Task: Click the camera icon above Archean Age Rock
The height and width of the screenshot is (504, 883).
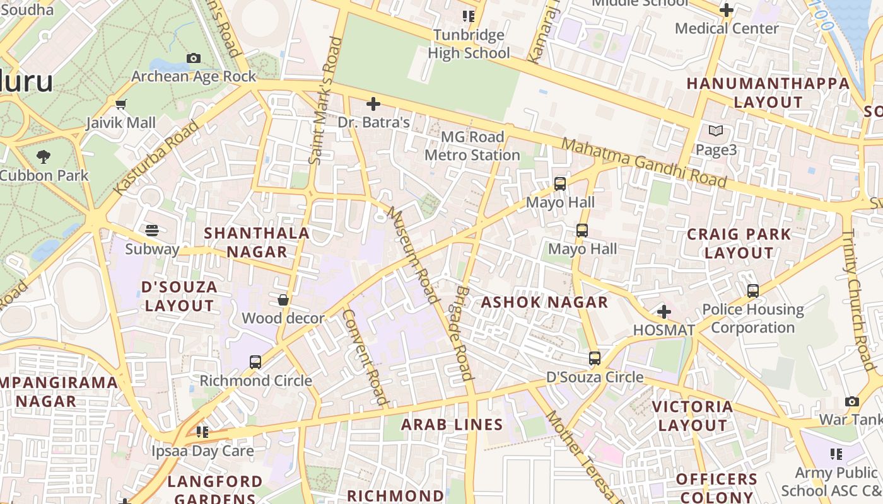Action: (x=194, y=59)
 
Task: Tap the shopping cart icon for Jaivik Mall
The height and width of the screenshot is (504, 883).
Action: (x=120, y=104)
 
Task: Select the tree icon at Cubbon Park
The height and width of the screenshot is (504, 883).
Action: (x=44, y=156)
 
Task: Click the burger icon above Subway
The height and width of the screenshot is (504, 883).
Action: (x=151, y=230)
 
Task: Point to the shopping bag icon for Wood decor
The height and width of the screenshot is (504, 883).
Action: (x=283, y=300)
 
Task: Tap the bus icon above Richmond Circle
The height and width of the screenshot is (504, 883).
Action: (x=255, y=362)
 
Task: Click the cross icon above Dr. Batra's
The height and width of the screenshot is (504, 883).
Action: (x=373, y=103)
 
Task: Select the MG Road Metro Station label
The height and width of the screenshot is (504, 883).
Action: (x=472, y=146)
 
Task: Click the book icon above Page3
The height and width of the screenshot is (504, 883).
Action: (x=715, y=131)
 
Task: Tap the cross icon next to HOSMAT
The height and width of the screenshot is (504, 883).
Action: (x=664, y=312)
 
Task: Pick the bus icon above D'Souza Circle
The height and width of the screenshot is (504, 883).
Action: (x=594, y=358)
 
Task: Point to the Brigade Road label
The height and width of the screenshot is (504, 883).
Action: (x=462, y=333)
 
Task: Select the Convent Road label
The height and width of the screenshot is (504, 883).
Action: (x=365, y=356)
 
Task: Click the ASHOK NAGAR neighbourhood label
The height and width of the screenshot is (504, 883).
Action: (x=544, y=302)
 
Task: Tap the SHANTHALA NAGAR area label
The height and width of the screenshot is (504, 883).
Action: (x=257, y=242)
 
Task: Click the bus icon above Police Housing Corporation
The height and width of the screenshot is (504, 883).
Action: (x=752, y=291)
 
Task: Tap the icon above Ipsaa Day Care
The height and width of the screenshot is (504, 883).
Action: (x=202, y=432)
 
